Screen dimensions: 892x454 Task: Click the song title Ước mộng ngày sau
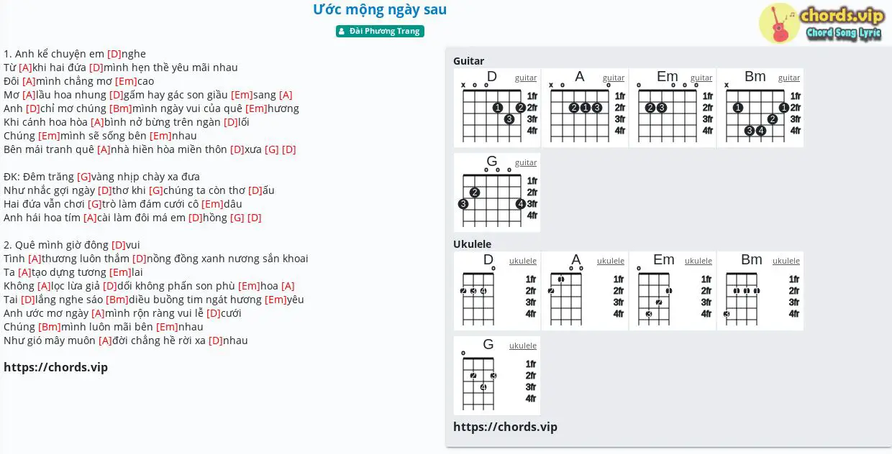(380, 9)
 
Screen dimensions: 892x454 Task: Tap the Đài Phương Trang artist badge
(380, 31)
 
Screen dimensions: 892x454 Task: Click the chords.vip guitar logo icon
(779, 23)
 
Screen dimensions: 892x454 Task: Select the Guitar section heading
(468, 61)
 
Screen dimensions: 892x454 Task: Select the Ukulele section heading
(472, 244)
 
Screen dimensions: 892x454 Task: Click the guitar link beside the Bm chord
(788, 78)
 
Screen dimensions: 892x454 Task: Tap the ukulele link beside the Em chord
(698, 261)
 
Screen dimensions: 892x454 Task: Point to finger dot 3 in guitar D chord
(509, 119)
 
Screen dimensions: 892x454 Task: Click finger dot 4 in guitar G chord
(520, 204)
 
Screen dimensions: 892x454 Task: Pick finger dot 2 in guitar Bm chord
(772, 119)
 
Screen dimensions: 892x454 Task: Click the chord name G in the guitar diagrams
(492, 161)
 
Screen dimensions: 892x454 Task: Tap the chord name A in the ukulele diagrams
(575, 259)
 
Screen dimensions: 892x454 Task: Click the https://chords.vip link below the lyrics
(56, 367)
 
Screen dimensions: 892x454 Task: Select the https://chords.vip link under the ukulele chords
(505, 427)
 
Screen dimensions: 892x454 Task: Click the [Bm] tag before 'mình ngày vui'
(121, 108)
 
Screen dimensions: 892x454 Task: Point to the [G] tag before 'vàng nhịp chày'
(84, 177)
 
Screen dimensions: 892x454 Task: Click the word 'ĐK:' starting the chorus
(12, 177)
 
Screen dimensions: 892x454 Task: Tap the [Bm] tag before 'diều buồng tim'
(117, 300)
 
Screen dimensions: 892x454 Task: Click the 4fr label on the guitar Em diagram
(708, 131)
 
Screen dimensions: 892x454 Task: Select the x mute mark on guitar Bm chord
(727, 85)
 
